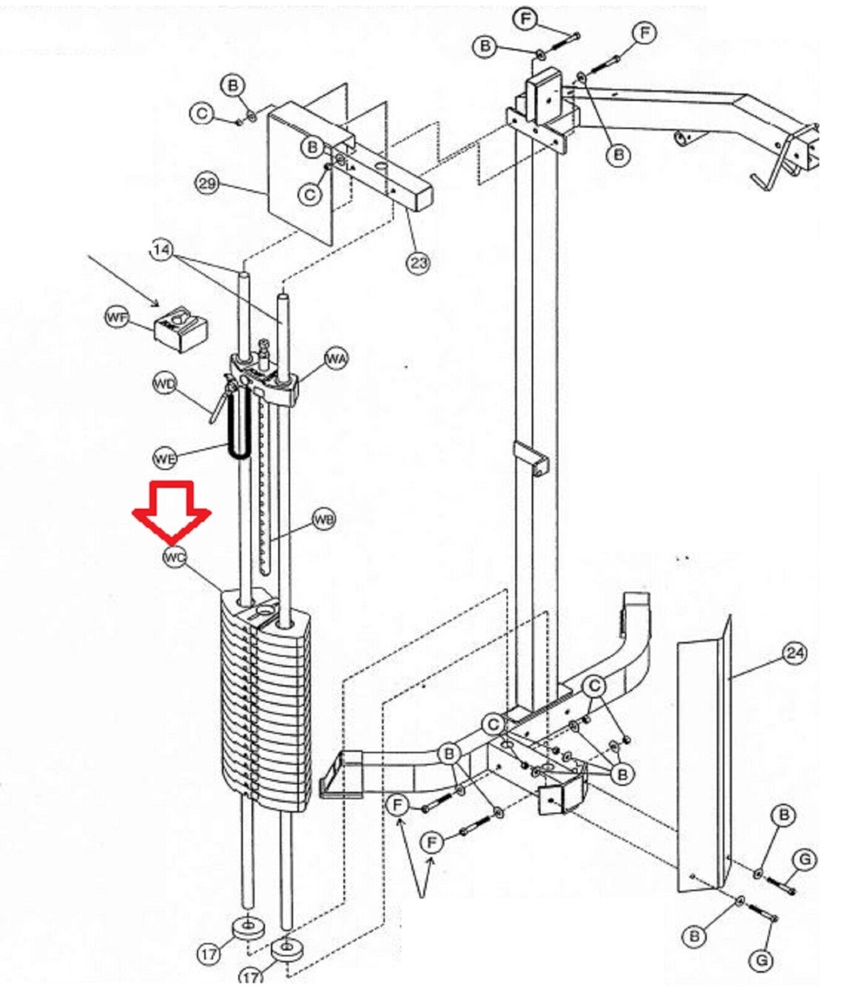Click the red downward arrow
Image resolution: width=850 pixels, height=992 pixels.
172,510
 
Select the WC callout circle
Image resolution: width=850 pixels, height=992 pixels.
174,557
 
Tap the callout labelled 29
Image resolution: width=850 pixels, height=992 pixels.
208,184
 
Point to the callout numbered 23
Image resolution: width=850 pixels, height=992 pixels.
419,263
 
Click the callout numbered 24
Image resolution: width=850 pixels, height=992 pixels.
795,653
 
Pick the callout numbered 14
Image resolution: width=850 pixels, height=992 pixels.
161,250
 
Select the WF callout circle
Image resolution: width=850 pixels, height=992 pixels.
117,318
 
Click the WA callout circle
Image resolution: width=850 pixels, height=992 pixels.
336,358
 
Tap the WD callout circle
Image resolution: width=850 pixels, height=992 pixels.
165,384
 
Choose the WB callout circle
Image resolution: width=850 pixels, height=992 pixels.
323,518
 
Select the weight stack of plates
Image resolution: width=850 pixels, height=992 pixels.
265,701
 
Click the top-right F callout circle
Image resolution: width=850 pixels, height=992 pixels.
644,32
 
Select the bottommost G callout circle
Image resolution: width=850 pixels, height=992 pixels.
761,960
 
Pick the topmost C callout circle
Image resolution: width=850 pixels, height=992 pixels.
202,114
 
